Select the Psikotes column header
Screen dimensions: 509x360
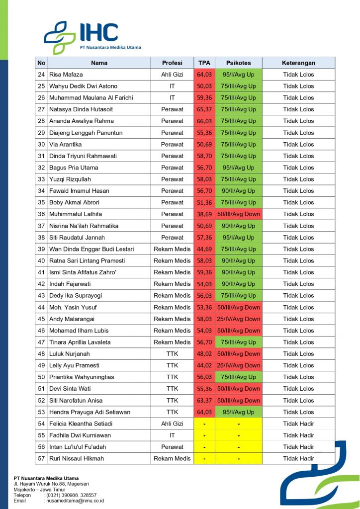[x=238, y=63]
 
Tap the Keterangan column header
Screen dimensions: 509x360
[x=298, y=63]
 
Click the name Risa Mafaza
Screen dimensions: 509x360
[x=66, y=75]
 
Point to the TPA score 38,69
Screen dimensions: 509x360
[x=204, y=214]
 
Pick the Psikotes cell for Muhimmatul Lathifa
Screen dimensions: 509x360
[x=238, y=214]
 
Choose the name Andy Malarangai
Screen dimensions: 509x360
[x=72, y=319]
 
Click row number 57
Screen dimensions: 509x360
[x=41, y=458]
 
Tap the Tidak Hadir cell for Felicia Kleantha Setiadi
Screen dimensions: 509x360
[x=298, y=424]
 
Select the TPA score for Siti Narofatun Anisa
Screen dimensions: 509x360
[x=204, y=400]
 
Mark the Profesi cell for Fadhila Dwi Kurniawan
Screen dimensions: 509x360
[x=172, y=435]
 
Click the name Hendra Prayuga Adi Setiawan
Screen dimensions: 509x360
[x=90, y=412]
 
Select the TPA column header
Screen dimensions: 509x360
[x=204, y=63]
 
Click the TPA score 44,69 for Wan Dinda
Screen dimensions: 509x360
[x=204, y=249]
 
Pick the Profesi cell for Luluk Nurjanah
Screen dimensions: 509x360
[x=172, y=354]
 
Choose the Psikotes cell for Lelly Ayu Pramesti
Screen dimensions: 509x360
[x=238, y=365]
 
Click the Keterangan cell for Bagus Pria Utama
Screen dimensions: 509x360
[x=298, y=168]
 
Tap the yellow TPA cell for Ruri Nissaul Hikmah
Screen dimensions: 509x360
[x=204, y=458]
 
